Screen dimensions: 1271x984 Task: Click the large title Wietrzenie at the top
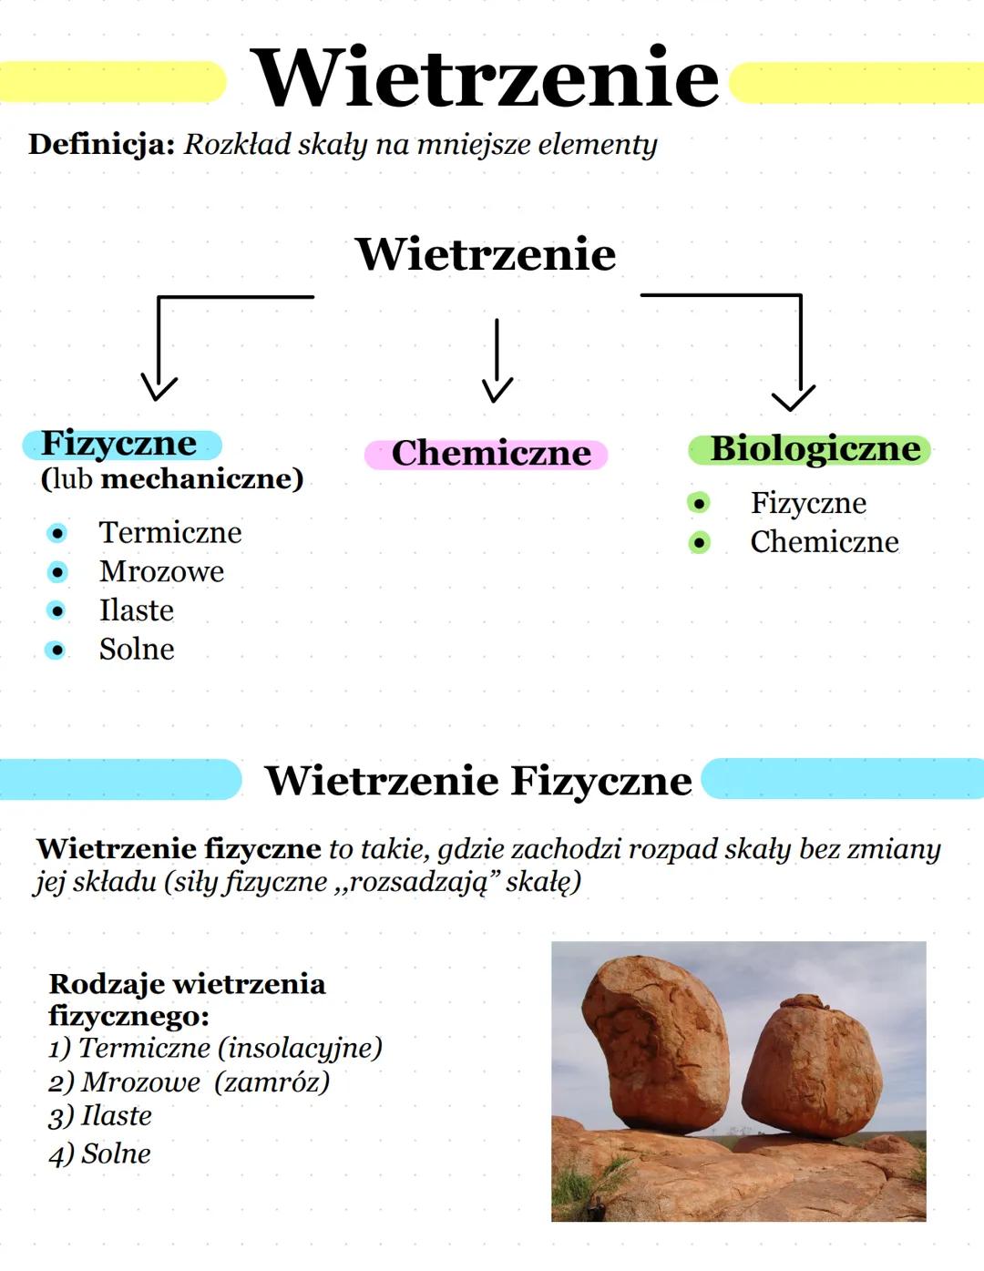point(485,78)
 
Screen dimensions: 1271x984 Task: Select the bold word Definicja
point(100,145)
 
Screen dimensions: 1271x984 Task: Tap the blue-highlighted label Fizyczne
point(119,444)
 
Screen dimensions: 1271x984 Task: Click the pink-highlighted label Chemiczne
point(490,453)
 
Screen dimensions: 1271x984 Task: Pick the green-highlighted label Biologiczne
point(814,448)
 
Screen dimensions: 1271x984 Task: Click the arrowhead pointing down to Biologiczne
point(793,398)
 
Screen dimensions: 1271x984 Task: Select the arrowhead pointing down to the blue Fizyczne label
point(159,387)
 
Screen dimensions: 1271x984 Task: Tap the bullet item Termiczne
point(170,532)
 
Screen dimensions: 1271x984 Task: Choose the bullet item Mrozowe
point(161,571)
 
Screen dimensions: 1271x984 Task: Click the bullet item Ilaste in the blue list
point(136,610)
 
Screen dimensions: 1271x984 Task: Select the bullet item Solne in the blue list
point(137,650)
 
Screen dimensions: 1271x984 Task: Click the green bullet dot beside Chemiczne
point(699,543)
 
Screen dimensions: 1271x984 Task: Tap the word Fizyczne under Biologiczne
point(808,503)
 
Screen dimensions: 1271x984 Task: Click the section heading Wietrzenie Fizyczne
point(477,781)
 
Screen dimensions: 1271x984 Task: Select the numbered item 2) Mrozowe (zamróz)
point(189,1081)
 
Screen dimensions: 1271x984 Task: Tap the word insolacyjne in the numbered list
point(300,1048)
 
